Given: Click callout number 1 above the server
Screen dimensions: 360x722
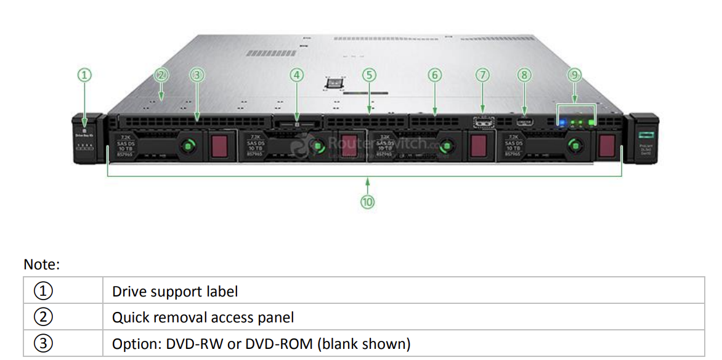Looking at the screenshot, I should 84,75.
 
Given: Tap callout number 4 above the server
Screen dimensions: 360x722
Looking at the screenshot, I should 297,75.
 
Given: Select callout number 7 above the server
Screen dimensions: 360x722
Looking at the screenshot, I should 482,75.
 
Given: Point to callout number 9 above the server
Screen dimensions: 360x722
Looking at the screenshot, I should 574,75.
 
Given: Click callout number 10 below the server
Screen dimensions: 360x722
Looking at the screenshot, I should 368,202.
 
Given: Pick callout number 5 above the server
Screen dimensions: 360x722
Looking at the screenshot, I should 368,75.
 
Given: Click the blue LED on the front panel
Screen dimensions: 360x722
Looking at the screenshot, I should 562,123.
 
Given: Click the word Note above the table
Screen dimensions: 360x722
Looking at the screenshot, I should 41,264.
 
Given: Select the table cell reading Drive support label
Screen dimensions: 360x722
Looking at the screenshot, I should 175,291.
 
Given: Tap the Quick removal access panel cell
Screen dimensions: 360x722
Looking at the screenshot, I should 203,317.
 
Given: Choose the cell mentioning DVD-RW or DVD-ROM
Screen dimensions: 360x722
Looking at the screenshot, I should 261,344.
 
